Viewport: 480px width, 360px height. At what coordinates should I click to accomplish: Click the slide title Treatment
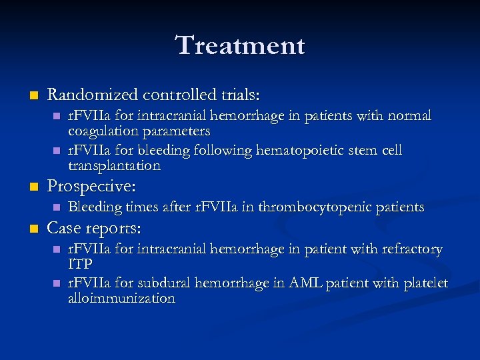[240, 46]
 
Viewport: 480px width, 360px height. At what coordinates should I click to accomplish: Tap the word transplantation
[114, 165]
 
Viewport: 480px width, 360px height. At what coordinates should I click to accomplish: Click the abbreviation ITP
[79, 265]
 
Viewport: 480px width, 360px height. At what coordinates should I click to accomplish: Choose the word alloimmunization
[121, 299]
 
